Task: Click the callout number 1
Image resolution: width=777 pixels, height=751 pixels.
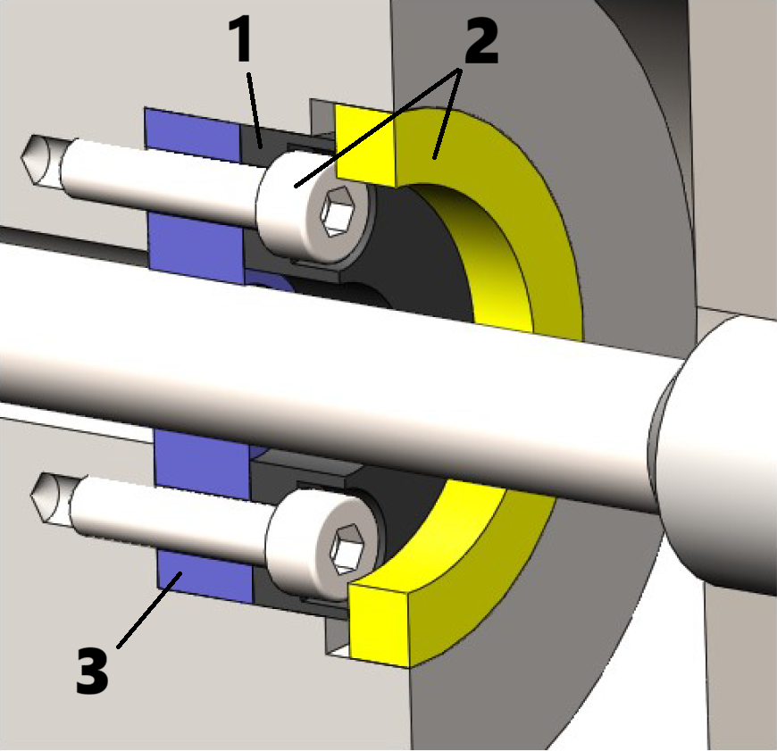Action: tap(241, 39)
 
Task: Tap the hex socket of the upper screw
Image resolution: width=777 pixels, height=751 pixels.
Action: tap(338, 212)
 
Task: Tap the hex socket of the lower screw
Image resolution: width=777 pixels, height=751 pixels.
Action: tap(347, 549)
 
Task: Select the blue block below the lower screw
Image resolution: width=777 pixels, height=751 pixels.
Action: tap(205, 577)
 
